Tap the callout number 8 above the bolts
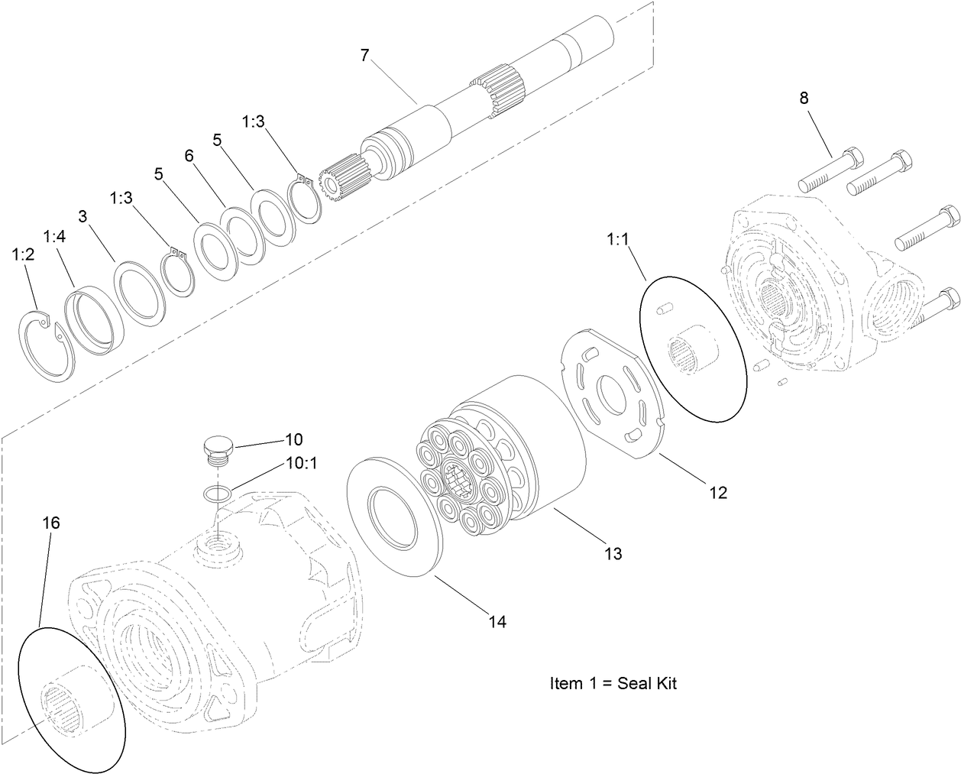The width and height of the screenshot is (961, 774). click(x=803, y=98)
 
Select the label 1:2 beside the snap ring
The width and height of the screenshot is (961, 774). click(x=24, y=255)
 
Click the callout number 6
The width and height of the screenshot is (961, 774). click(x=189, y=155)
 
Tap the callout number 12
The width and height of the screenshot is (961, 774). click(x=717, y=493)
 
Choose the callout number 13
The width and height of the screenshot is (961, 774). click(x=613, y=553)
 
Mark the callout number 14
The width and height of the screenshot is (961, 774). click(x=497, y=622)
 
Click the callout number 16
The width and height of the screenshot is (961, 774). click(x=50, y=523)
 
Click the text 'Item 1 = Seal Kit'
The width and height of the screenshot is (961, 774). click(x=613, y=683)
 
